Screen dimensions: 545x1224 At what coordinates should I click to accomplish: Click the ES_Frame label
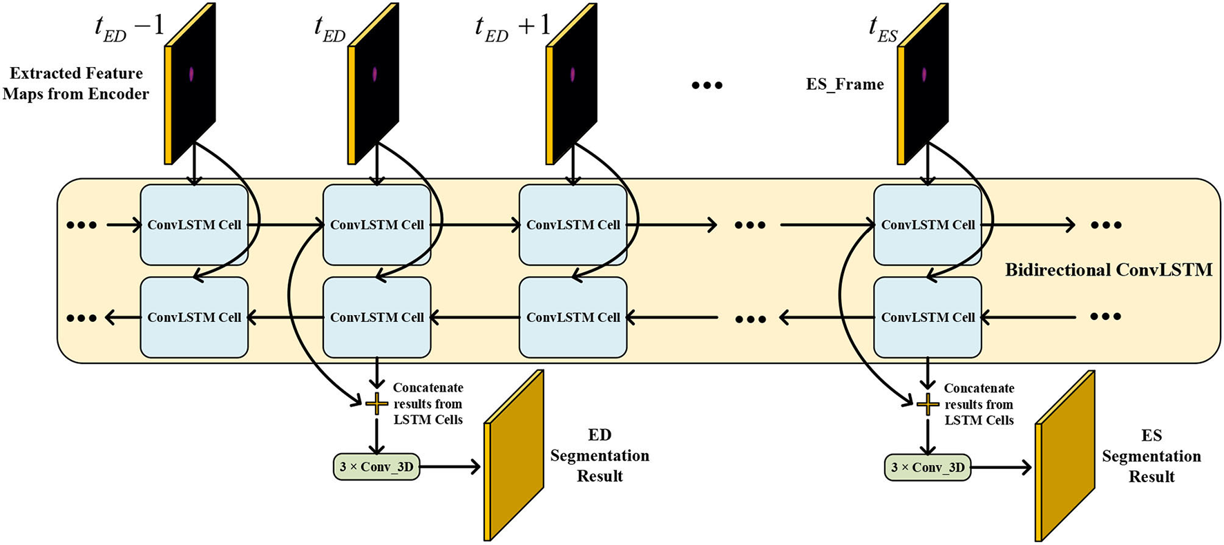(844, 84)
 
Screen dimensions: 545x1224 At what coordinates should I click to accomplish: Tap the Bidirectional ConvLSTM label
(1108, 270)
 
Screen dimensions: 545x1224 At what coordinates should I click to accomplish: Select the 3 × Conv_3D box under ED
(376, 467)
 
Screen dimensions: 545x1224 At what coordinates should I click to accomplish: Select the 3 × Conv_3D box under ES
(928, 468)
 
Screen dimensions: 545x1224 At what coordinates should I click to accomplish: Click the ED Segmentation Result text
(600, 455)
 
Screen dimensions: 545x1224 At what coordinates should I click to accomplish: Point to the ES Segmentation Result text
(1151, 456)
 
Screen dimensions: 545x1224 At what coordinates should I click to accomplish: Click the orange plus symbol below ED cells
(376, 403)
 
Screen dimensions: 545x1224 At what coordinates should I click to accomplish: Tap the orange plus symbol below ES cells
(927, 404)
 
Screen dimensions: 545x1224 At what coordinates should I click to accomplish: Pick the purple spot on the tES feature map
(924, 75)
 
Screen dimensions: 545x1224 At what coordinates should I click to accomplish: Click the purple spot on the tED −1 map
(191, 74)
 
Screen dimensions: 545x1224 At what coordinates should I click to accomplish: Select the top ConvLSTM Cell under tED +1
(573, 224)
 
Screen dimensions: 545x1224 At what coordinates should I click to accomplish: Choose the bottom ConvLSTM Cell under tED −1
(194, 317)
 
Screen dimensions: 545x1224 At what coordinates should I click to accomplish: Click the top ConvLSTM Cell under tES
(927, 224)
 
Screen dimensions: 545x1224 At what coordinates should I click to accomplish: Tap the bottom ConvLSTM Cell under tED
(376, 317)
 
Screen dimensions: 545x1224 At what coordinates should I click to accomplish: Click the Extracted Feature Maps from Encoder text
(75, 84)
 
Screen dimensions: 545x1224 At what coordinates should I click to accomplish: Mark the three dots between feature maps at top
(707, 86)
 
